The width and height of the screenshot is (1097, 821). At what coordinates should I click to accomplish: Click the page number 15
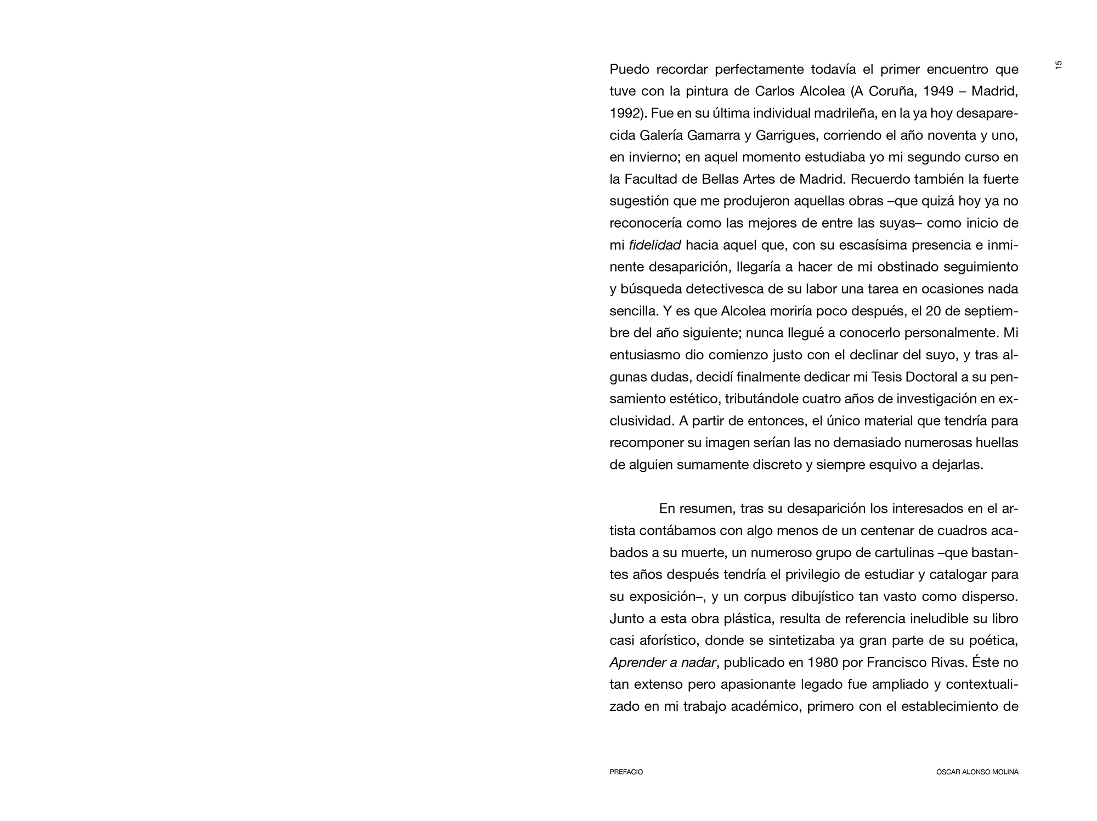[x=1059, y=65]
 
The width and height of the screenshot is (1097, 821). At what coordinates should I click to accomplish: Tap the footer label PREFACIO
[x=626, y=772]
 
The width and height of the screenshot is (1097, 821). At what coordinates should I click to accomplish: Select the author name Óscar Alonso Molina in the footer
[x=977, y=772]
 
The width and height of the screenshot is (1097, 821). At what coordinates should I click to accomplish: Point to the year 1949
[x=937, y=92]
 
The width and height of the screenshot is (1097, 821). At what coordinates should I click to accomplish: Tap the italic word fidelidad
[x=654, y=245]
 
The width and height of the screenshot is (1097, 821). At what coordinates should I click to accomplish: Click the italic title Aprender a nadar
[x=663, y=663]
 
